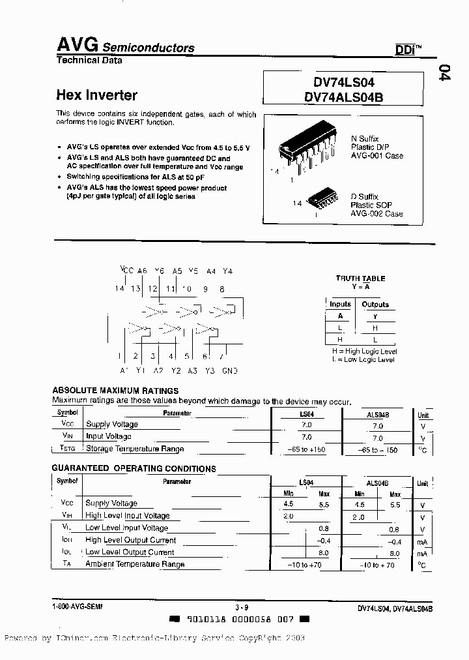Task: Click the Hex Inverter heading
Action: (x=97, y=95)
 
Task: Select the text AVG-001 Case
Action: (x=377, y=156)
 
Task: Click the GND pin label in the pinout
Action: (x=230, y=370)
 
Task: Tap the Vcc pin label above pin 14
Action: (x=126, y=271)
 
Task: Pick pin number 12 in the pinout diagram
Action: (x=152, y=288)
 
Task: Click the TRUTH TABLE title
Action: (x=360, y=278)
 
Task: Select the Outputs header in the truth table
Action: (x=375, y=305)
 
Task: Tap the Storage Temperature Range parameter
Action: (x=135, y=449)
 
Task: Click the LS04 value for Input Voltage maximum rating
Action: (x=306, y=437)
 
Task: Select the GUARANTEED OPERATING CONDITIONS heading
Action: (x=134, y=468)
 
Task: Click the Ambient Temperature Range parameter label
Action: (x=135, y=564)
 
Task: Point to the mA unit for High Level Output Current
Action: (x=423, y=541)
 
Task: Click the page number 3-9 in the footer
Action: (x=242, y=607)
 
